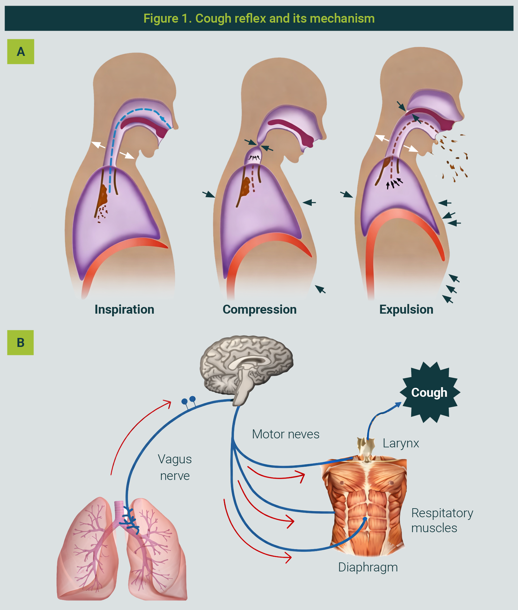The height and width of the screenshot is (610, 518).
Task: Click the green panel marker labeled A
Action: pos(21,52)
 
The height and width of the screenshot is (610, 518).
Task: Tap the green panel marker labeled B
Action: pos(21,343)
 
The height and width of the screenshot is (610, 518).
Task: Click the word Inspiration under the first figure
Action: pos(124,309)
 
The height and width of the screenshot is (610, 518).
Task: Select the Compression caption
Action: pos(259,309)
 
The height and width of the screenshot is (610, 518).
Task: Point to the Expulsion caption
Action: pos(406,309)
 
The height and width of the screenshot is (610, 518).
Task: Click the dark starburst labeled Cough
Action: pos(429,392)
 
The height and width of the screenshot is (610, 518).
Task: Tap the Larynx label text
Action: pos(401,443)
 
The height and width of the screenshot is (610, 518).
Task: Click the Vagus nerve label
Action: pos(175,467)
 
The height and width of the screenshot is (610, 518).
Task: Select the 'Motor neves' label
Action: pos(285,434)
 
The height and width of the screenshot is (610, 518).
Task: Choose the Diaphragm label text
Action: pos(368,567)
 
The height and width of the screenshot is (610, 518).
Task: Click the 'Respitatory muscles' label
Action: pos(442,521)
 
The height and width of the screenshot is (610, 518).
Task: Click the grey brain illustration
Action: pos(246,366)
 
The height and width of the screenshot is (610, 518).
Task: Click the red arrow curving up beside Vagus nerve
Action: pos(133,432)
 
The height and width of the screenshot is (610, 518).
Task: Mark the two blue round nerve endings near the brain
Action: pos(188,400)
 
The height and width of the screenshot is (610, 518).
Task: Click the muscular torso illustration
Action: pos(364,506)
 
